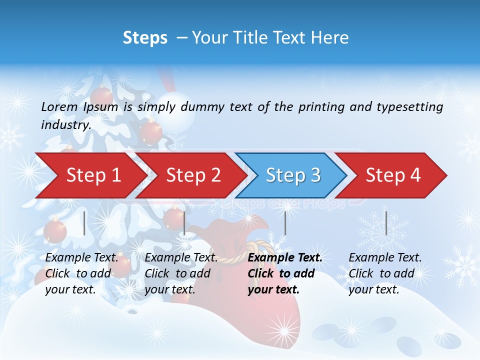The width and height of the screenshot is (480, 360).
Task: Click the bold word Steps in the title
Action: pyautogui.click(x=145, y=38)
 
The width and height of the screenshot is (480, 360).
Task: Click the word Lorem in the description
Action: pyautogui.click(x=59, y=106)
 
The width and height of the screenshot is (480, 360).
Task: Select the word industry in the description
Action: pyautogui.click(x=65, y=124)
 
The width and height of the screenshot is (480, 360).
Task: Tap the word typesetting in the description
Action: pyautogui.click(x=413, y=107)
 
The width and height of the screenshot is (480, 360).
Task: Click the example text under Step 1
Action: pyautogui.click(x=81, y=273)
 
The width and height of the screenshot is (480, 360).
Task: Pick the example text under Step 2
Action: pyautogui.click(x=181, y=273)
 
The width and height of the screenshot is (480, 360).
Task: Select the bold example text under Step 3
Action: pyautogui.click(x=284, y=273)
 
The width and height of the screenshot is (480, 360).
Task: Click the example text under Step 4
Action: pyautogui.click(x=385, y=273)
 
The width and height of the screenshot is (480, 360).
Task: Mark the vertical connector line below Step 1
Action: pyautogui.click(x=84, y=223)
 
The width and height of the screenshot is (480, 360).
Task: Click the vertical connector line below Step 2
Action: pyautogui.click(x=184, y=223)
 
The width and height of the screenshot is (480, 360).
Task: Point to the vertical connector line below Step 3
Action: pyautogui.click(x=285, y=223)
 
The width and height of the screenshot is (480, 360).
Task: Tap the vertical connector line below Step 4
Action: pyautogui.click(x=386, y=223)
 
